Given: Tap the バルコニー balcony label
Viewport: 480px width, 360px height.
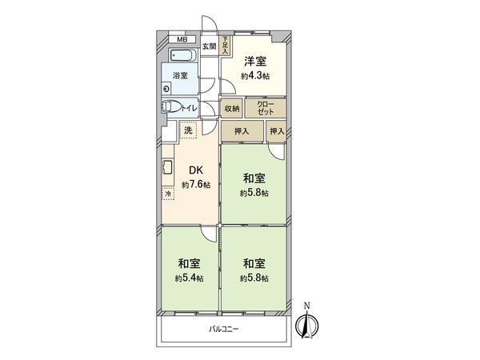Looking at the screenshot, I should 225,329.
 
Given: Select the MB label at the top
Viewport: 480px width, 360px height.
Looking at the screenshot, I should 182,39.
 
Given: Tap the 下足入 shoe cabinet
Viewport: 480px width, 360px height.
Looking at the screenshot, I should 226,44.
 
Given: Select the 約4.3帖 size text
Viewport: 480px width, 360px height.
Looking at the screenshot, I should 255,76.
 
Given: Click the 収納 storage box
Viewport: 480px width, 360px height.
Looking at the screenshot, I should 232,107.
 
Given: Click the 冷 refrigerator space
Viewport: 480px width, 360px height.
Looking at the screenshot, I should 169,194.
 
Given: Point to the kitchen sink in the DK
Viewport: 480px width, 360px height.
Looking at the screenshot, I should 168,170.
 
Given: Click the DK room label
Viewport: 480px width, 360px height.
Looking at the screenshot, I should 195,170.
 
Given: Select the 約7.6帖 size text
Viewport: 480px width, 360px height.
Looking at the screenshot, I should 195,185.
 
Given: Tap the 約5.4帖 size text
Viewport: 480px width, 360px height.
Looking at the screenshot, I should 188,278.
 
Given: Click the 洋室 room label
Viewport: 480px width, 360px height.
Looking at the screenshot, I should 255,61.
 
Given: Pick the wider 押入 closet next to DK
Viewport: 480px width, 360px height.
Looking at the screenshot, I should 242,132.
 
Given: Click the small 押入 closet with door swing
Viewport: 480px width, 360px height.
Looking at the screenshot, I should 277,132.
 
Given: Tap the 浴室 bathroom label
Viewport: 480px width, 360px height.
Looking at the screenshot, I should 181,76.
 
